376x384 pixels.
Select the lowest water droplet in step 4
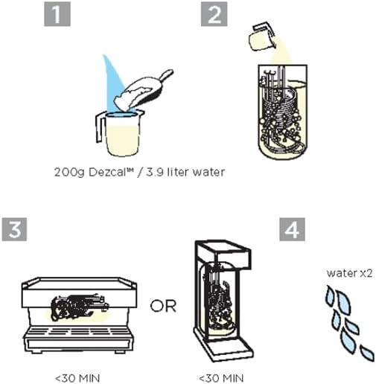(x=366, y=351)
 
